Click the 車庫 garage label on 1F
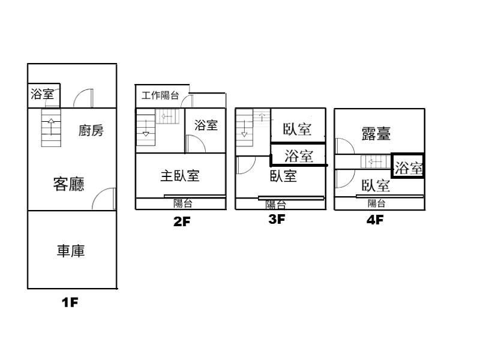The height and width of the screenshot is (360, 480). [71, 251]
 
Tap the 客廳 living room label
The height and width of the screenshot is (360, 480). [68, 185]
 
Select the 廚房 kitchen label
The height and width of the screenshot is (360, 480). [91, 131]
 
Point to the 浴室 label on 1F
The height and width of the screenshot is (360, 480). [43, 94]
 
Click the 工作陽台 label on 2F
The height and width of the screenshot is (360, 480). [160, 95]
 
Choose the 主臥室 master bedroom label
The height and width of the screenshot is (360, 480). [179, 176]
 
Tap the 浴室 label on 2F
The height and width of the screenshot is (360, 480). [206, 125]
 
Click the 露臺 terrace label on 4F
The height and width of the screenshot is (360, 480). [376, 134]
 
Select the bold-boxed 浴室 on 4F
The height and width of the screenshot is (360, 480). [409, 168]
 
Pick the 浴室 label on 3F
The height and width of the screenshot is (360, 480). [299, 157]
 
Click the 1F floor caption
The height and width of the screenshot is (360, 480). [70, 302]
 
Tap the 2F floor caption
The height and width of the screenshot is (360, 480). [181, 221]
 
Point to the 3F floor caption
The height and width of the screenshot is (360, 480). [277, 219]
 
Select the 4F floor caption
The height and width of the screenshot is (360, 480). [375, 220]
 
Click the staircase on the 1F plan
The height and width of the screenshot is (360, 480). [51, 128]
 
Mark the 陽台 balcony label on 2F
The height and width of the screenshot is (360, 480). [182, 203]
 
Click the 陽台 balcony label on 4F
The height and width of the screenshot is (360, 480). [377, 203]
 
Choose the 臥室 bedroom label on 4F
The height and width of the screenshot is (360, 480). [376, 185]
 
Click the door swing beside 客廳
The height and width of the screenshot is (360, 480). [104, 199]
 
